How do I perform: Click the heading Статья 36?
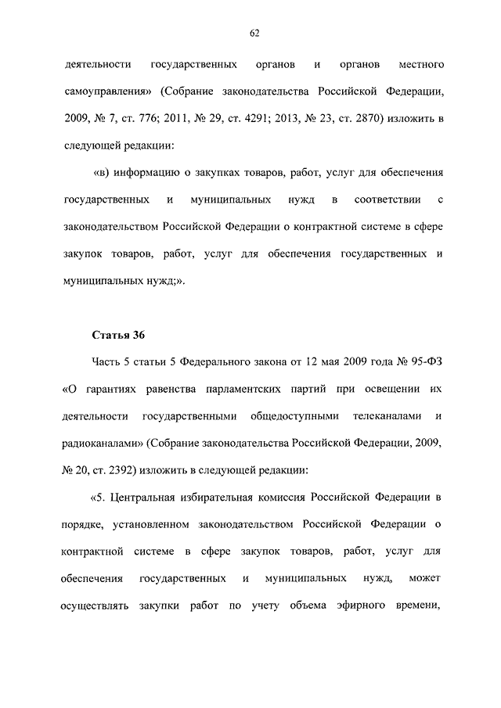coord(119,336)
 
